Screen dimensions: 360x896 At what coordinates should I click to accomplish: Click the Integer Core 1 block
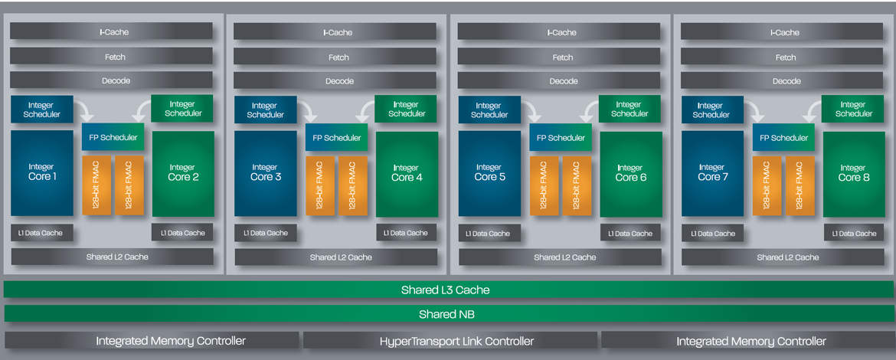41,172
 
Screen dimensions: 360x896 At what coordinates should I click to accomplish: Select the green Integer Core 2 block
183,173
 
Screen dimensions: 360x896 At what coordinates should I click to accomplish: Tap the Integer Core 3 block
265,173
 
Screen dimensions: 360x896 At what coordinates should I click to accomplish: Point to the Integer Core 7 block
711,173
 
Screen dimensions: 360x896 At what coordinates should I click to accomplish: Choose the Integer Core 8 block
854,173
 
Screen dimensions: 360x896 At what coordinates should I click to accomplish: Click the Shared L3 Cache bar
448,290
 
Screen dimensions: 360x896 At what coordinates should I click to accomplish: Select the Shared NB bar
448,314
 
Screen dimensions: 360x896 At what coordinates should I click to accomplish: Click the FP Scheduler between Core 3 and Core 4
337,138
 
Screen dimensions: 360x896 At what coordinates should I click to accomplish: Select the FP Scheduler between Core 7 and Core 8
784,138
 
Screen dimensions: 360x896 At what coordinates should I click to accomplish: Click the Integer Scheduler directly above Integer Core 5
489,110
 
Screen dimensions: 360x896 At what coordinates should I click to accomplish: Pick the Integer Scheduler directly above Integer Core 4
407,109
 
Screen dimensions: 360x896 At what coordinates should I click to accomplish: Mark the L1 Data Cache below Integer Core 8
854,233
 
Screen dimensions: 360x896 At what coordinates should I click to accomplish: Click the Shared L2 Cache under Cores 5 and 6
564,257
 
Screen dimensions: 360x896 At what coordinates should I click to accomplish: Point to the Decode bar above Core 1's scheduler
111,80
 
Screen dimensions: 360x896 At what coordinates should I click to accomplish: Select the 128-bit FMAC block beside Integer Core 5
544,185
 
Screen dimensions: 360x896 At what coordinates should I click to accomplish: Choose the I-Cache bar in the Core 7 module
786,32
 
